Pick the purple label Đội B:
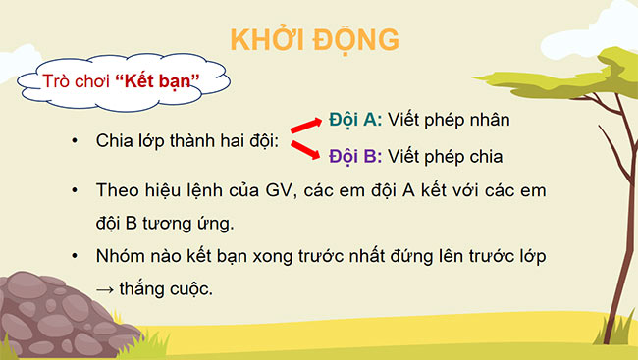point(354,155)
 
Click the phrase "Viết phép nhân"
point(450,120)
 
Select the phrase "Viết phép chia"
point(447,155)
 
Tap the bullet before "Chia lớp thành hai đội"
point(74,141)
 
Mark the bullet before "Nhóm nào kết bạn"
point(74,256)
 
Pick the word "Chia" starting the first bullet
point(114,141)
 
